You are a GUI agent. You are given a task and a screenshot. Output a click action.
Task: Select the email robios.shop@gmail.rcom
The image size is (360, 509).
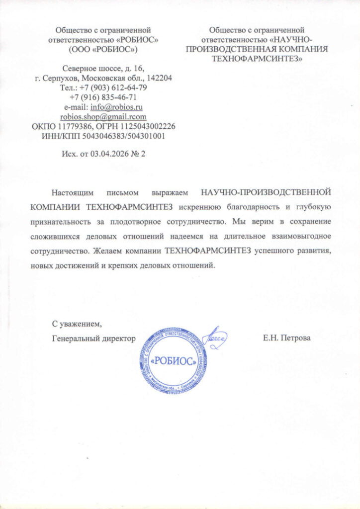103,117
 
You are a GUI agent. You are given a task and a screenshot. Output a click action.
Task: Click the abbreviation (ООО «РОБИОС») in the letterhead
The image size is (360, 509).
103,50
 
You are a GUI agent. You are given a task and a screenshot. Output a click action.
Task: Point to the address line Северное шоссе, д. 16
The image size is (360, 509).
103,68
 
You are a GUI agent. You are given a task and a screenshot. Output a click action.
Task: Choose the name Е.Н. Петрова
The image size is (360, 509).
287,339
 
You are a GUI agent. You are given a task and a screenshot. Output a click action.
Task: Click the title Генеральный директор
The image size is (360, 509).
94,339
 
